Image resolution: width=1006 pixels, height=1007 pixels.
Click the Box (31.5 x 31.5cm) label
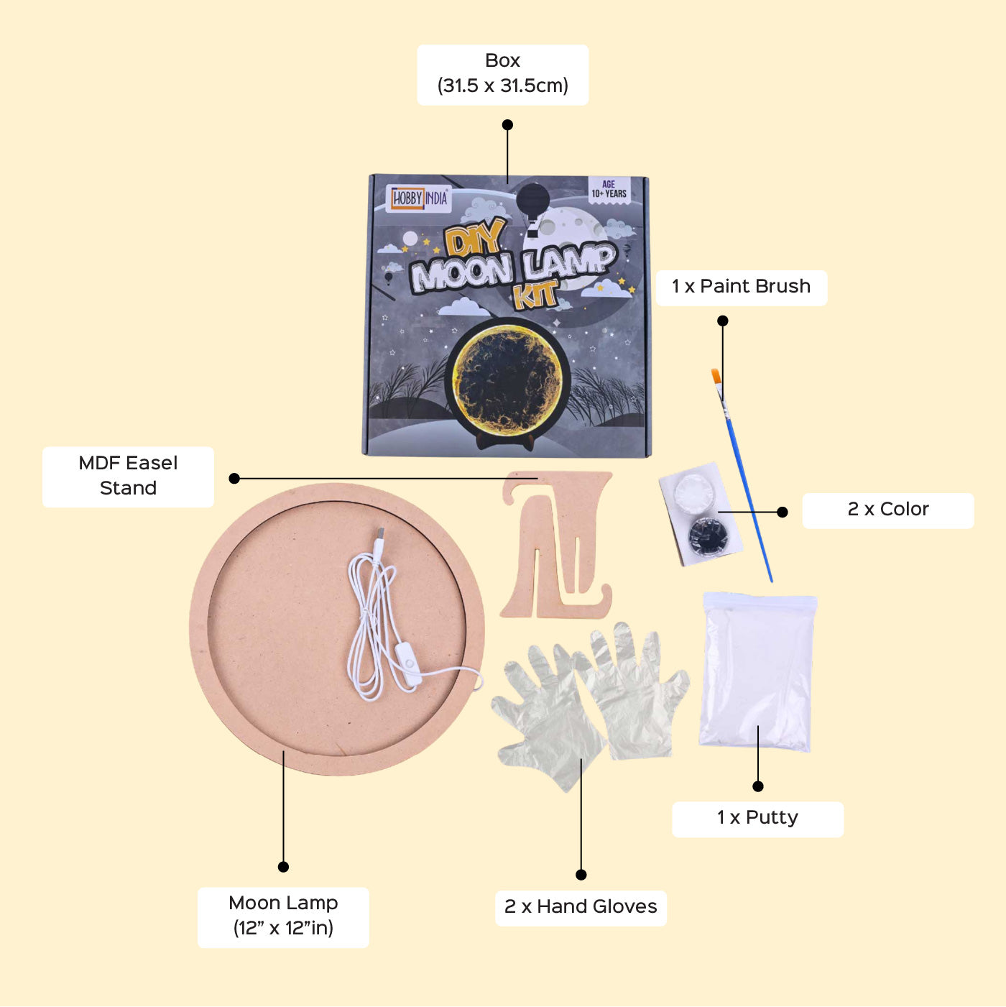click(x=502, y=74)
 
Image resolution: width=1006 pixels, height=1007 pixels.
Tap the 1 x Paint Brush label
click(x=741, y=287)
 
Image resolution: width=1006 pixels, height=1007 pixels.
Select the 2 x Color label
click(x=887, y=510)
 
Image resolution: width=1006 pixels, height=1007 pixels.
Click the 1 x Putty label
click(x=757, y=818)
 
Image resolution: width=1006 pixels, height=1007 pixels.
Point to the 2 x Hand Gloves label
click(x=581, y=907)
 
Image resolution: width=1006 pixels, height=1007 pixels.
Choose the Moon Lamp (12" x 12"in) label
click(x=283, y=916)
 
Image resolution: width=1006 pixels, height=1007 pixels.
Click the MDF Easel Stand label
click(x=128, y=476)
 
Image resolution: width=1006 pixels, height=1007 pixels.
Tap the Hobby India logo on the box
click(x=420, y=198)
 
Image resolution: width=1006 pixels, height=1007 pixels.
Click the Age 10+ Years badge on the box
click(x=609, y=189)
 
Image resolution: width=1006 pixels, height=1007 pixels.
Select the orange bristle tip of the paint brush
click(x=716, y=377)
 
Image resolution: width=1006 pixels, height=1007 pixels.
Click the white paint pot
click(x=694, y=491)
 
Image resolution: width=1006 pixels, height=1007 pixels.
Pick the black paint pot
click(x=708, y=535)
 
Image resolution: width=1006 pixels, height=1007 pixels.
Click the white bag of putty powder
click(x=757, y=672)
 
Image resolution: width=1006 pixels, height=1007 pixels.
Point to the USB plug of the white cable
click(x=379, y=537)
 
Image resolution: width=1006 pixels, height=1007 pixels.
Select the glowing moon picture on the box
click(x=509, y=377)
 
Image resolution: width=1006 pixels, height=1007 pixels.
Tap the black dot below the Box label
click(x=507, y=125)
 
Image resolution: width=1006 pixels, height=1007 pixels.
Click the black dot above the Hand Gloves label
click(x=581, y=874)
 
